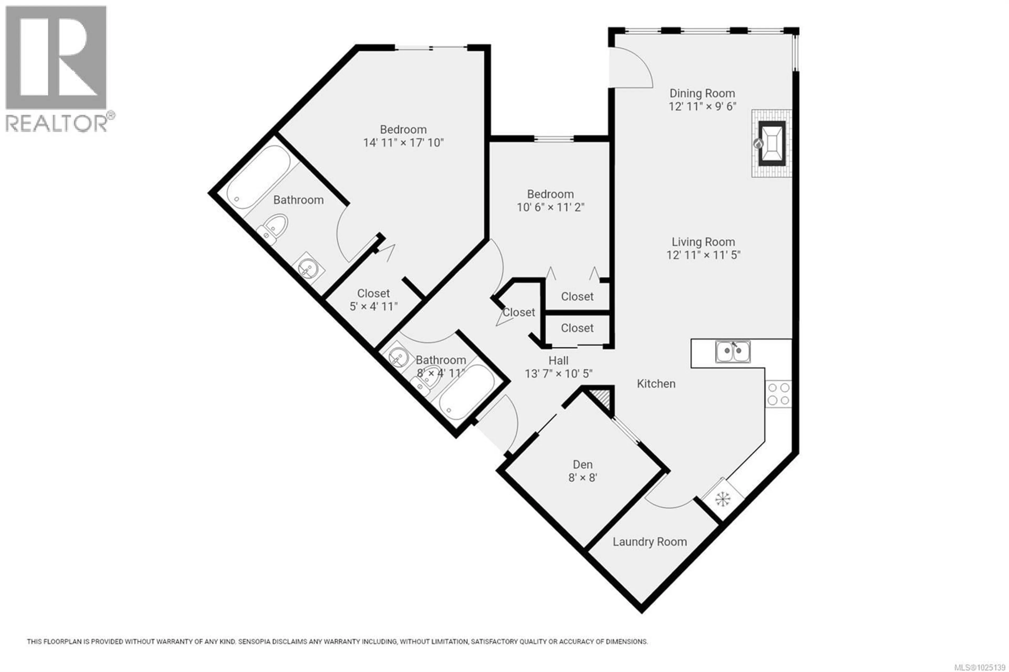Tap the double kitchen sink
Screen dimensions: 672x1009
[x=733, y=351]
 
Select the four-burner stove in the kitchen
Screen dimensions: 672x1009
[x=778, y=394]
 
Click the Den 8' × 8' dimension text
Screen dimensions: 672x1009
[x=583, y=477]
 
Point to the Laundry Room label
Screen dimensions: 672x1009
[x=649, y=542]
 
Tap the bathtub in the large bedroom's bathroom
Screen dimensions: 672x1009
[x=259, y=177]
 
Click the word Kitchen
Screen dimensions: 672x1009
[x=656, y=384]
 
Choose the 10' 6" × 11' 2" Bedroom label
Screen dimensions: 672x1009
[x=550, y=200]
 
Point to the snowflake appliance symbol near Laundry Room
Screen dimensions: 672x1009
[x=722, y=498]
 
